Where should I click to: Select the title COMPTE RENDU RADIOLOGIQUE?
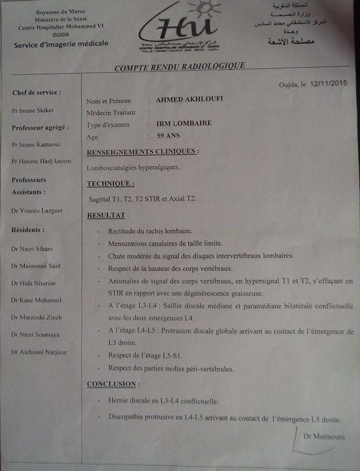(x=180, y=66)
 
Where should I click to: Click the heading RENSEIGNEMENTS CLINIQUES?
(x=142, y=152)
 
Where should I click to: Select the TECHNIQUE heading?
(x=110, y=184)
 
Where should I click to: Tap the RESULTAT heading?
(x=107, y=215)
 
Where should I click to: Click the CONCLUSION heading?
(x=111, y=384)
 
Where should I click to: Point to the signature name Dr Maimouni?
(x=321, y=436)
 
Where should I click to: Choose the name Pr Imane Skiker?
(x=32, y=110)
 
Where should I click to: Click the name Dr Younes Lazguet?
(x=37, y=211)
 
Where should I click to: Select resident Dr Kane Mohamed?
(x=36, y=300)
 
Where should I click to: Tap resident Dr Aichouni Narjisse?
(x=39, y=352)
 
